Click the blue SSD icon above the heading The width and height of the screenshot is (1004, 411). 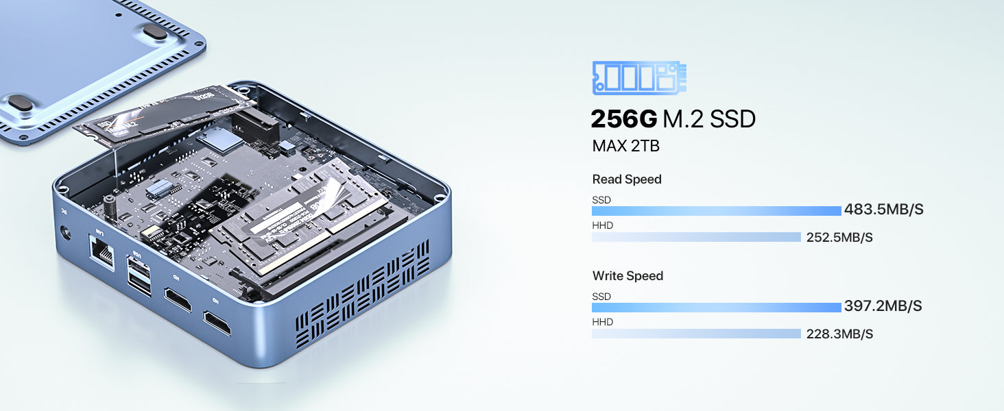[639, 77]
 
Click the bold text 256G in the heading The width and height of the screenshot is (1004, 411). [623, 119]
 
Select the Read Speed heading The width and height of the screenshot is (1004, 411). [627, 179]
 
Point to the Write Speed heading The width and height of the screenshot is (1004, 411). [627, 276]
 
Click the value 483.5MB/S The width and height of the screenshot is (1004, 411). [883, 210]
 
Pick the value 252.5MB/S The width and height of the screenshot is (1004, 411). [838, 238]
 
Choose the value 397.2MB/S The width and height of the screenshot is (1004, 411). [883, 306]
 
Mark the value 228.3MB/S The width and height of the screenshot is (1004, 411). [838, 334]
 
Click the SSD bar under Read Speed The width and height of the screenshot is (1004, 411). [716, 211]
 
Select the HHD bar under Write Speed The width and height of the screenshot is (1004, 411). [696, 334]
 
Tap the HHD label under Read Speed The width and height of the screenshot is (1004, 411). [602, 225]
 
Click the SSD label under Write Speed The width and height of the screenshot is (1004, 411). [601, 297]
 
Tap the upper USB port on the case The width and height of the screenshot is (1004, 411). [138, 267]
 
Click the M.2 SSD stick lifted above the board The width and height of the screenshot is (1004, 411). [165, 116]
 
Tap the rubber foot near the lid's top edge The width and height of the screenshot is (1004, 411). [156, 31]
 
